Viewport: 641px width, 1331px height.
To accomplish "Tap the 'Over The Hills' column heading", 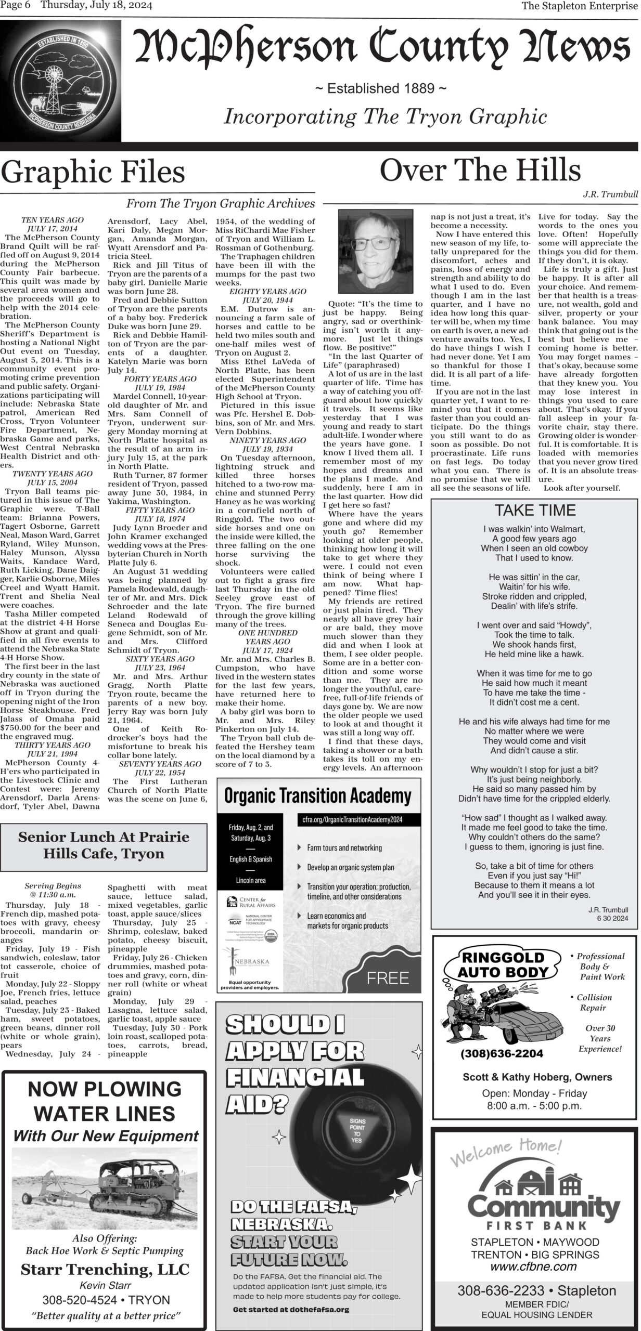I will click(x=480, y=170).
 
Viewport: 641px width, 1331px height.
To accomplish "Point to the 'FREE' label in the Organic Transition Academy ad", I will click(x=388, y=978).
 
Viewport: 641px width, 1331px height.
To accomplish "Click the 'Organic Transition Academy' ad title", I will click(x=317, y=796).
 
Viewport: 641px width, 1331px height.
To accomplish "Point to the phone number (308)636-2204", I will click(x=502, y=1053).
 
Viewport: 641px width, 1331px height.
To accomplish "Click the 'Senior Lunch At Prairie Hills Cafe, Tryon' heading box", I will click(x=104, y=845).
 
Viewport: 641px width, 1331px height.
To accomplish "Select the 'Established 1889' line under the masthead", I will click(x=381, y=88).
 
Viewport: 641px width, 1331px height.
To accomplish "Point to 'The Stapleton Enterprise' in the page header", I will click(x=580, y=6).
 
